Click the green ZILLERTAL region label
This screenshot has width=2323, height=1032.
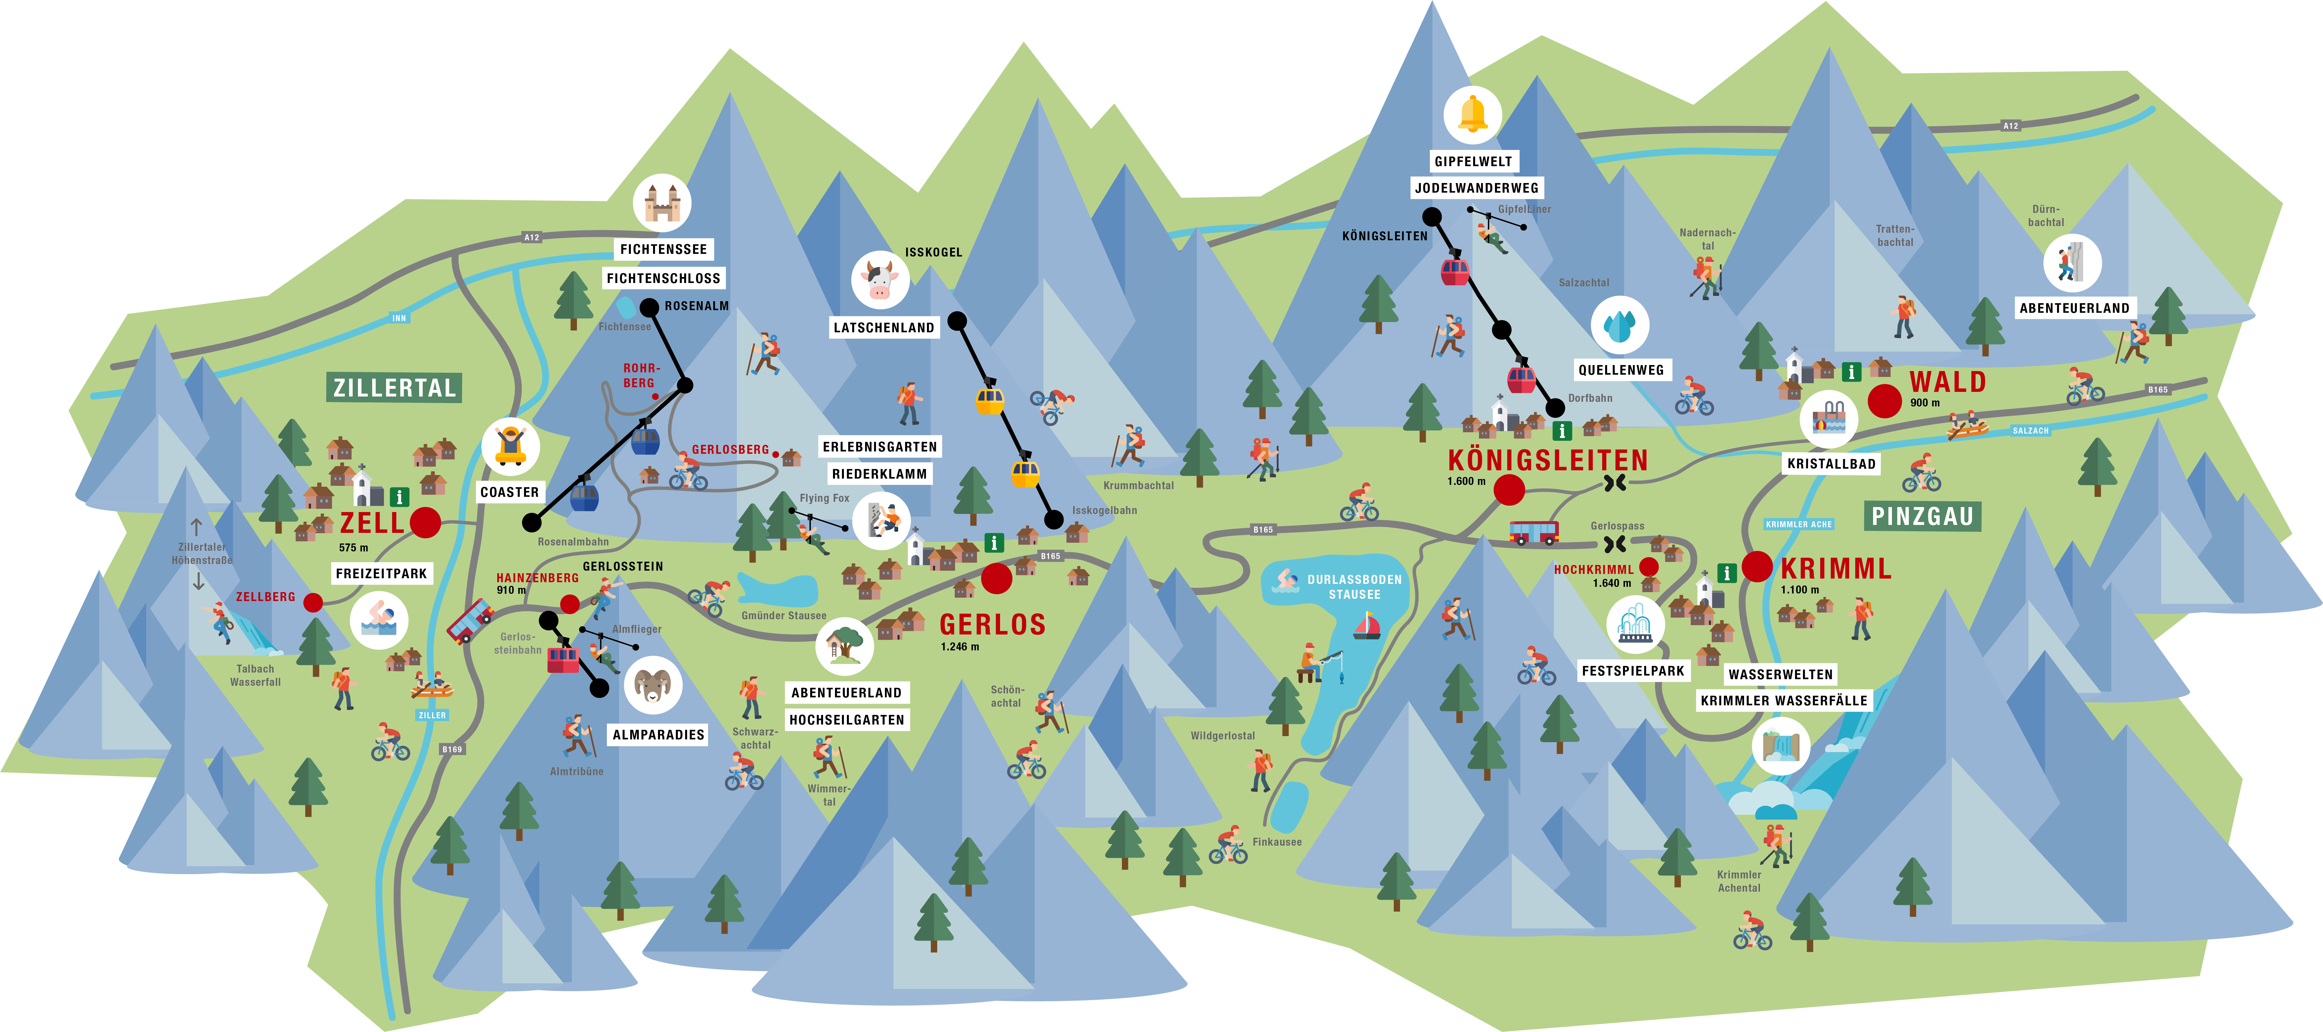coord(394,388)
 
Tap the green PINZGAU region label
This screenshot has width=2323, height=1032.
coord(1922,516)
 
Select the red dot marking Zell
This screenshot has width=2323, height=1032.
coord(426,522)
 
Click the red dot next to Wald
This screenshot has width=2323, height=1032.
coord(1884,400)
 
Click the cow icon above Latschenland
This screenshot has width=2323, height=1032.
coord(879,280)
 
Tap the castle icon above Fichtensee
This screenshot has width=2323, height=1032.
coord(662,203)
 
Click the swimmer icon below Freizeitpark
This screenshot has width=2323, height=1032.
coord(379,620)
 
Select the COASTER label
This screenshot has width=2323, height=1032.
coord(509,492)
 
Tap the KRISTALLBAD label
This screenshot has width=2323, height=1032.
coord(1831,464)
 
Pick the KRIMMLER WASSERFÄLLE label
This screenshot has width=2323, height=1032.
coord(1784,700)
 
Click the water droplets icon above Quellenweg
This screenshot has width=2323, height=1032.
coord(1620,325)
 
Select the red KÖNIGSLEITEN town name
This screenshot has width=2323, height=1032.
coord(1548,460)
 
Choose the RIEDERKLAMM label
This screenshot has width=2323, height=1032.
coord(879,474)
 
